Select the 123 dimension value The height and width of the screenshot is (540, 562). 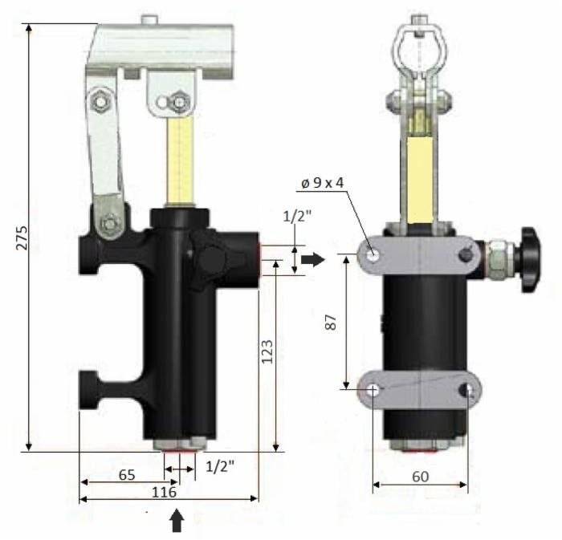pyautogui.click(x=267, y=351)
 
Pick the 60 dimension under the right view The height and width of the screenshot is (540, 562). pyautogui.click(x=420, y=475)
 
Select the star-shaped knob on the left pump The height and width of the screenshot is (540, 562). pyautogui.click(x=214, y=259)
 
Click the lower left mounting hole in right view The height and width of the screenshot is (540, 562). pyautogui.click(x=374, y=389)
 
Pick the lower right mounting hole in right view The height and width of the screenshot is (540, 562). pyautogui.click(x=469, y=389)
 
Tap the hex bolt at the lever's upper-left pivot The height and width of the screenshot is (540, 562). pyautogui.click(x=102, y=101)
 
